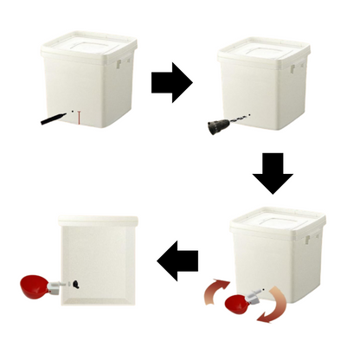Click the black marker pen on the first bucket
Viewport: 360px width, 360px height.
click(54, 118)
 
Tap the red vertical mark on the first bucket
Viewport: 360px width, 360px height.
click(78, 117)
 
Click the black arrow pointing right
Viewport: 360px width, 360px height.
click(170, 81)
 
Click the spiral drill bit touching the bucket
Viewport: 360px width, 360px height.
click(236, 122)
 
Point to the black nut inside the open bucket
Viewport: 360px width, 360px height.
click(77, 283)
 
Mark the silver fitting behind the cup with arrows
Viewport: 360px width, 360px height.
click(257, 299)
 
